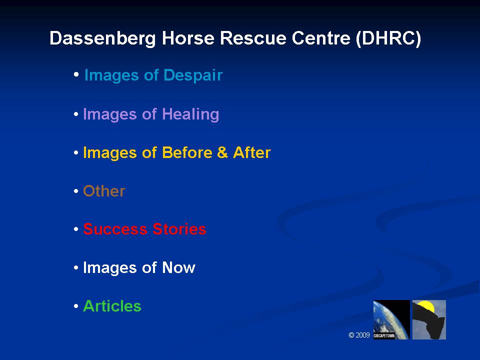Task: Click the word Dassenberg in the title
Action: (102, 39)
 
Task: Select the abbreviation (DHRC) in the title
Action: (388, 39)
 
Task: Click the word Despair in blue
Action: (193, 75)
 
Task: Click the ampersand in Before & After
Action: (222, 152)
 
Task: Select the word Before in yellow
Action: (186, 152)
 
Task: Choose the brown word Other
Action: (104, 191)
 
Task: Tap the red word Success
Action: (115, 229)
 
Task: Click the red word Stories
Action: (179, 229)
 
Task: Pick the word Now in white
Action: (178, 267)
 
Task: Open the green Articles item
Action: (112, 306)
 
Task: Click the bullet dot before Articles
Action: (76, 306)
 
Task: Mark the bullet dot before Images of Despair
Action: (76, 74)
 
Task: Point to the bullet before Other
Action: (76, 191)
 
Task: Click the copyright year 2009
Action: (363, 335)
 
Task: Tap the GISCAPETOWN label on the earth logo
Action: (384, 336)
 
